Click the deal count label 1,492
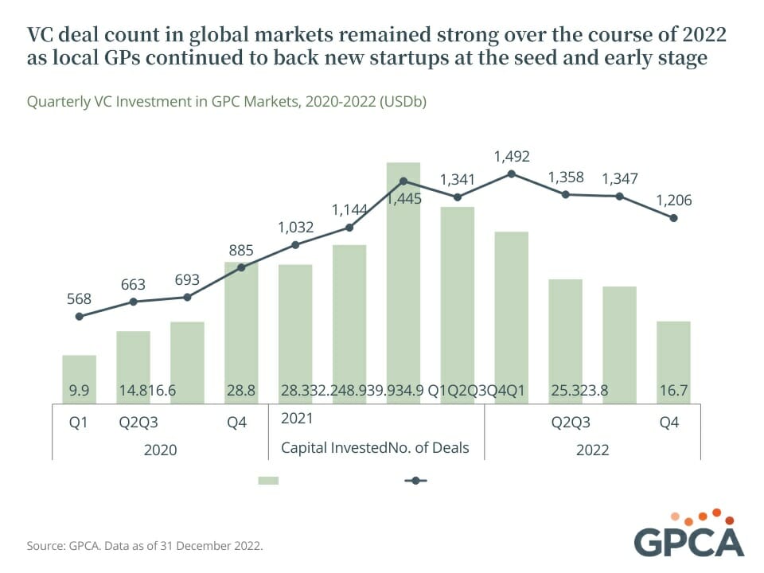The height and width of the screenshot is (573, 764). click(x=512, y=156)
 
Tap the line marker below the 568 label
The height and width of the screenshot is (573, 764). click(x=79, y=316)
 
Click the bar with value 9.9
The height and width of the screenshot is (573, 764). click(x=79, y=379)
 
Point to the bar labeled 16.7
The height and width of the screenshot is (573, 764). click(x=673, y=362)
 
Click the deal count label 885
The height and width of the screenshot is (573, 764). click(x=241, y=251)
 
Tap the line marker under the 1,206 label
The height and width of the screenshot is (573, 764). click(x=673, y=218)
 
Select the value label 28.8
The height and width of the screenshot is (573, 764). click(x=241, y=391)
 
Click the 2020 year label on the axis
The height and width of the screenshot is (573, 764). click(x=160, y=450)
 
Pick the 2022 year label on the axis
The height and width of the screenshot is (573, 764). click(x=592, y=450)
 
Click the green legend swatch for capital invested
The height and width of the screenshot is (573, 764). click(x=268, y=481)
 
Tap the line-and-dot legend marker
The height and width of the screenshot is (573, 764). click(x=415, y=481)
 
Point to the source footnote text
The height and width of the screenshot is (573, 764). click(x=145, y=547)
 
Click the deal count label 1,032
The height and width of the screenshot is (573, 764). click(x=295, y=227)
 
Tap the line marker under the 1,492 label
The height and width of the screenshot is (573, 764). click(x=512, y=173)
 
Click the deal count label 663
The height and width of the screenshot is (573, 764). click(x=133, y=285)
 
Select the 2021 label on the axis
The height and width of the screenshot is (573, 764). click(x=296, y=418)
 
